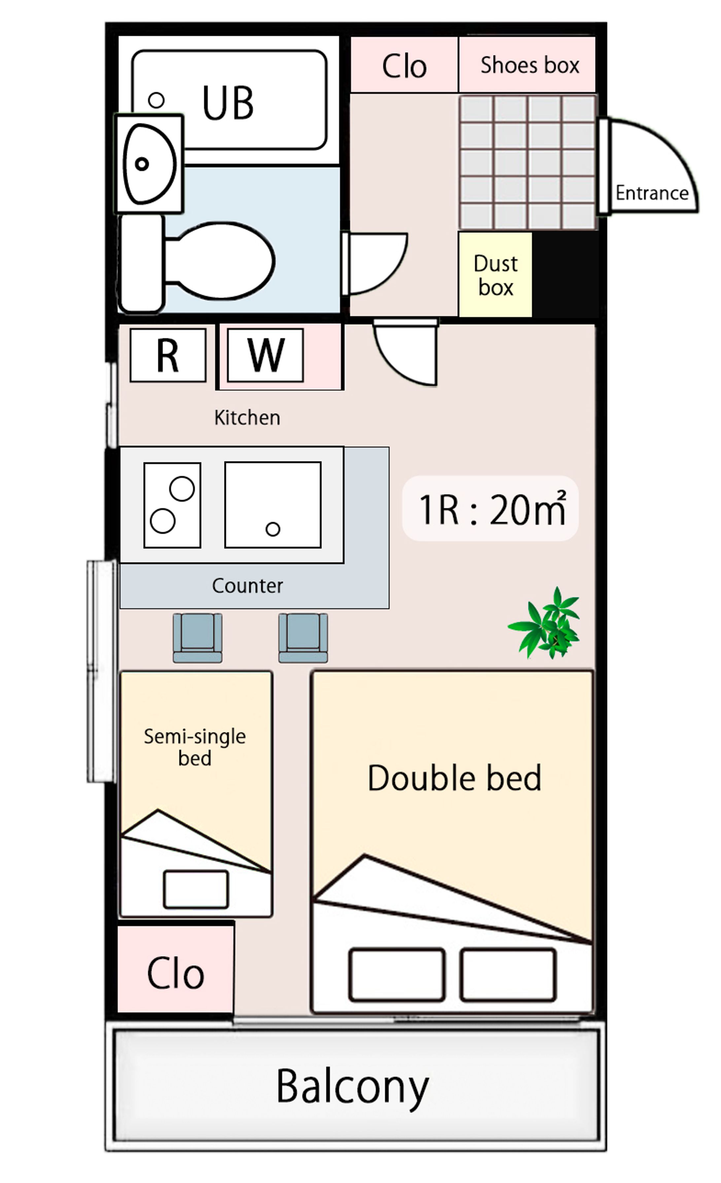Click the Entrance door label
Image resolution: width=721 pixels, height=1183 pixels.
click(652, 193)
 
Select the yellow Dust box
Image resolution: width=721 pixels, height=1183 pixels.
click(495, 275)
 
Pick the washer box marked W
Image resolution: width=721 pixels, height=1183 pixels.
click(265, 355)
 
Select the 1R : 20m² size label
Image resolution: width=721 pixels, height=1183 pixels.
click(492, 509)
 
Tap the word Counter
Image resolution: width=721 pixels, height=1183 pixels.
click(248, 586)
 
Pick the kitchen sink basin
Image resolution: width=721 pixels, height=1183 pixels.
click(273, 505)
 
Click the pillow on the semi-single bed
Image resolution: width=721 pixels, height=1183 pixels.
click(196, 889)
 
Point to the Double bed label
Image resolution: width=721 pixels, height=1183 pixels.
click(454, 778)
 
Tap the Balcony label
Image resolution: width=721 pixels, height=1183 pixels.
click(352, 1087)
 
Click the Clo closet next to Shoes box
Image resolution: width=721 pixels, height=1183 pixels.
click(404, 65)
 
